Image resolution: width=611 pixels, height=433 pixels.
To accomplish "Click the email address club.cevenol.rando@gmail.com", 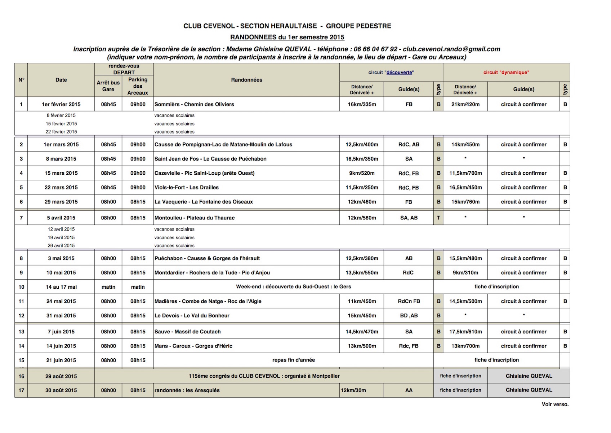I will [x=451, y=49].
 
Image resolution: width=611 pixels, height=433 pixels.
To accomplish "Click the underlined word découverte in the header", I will [x=399, y=73].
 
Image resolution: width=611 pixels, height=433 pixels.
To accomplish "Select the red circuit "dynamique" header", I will [x=506, y=73].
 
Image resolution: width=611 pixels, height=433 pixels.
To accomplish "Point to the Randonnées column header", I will [x=246, y=80].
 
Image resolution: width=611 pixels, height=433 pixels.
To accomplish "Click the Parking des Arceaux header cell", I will [x=138, y=86].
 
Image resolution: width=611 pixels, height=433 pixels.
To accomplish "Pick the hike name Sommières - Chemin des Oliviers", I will [x=194, y=104].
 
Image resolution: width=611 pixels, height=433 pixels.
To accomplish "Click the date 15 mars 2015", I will [x=61, y=173].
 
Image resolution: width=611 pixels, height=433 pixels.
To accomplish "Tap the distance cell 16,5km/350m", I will [x=362, y=159].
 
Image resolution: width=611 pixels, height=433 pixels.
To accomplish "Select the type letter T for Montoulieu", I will [x=438, y=218].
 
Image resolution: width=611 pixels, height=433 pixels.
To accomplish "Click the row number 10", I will [x=21, y=287].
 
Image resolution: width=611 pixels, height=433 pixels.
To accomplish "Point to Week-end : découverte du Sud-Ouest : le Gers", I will [x=293, y=287].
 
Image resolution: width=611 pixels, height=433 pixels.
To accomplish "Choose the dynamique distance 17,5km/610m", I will [x=465, y=332].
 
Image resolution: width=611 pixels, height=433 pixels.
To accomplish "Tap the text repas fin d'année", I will [x=293, y=360].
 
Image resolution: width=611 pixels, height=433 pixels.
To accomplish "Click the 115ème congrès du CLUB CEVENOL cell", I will [x=264, y=376].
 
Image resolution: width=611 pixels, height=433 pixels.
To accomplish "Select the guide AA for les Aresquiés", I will [x=409, y=390].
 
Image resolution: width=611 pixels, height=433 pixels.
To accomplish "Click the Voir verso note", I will [x=555, y=404].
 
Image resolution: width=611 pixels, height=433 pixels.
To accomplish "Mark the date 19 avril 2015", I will [x=61, y=237].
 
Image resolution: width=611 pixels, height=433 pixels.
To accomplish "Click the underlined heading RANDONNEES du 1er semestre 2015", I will [x=287, y=37].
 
